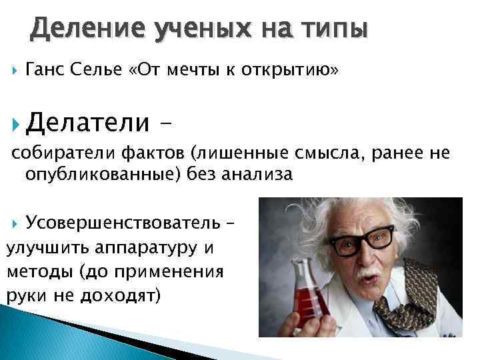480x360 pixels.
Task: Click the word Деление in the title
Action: point(81,29)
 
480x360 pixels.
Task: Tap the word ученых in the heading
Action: point(194,29)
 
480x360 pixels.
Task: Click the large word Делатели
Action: point(89,123)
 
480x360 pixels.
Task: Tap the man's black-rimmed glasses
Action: point(364,239)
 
